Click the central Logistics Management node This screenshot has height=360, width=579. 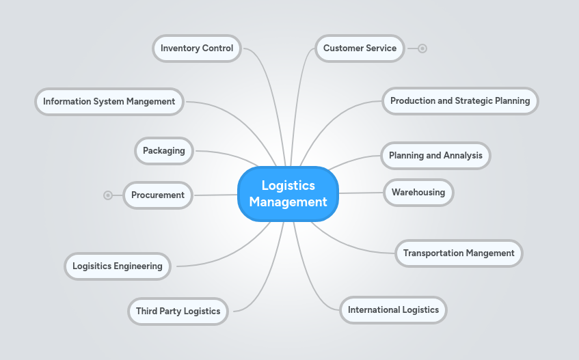[x=288, y=194]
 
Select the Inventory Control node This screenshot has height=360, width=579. [x=197, y=49]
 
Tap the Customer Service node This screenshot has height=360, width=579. [x=360, y=49]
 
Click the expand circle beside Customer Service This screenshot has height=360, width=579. [x=422, y=49]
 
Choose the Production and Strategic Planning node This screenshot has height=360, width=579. [x=460, y=101]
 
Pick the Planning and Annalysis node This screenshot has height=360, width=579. [x=435, y=156]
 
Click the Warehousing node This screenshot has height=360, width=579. [x=418, y=193]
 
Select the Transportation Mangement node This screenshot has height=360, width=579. [x=459, y=253]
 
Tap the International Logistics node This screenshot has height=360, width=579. [x=393, y=310]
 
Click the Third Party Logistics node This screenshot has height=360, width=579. [x=178, y=311]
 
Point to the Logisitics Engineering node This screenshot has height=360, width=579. [x=118, y=266]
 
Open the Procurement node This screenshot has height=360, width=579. [x=158, y=195]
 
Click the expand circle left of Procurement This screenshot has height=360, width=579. [x=108, y=195]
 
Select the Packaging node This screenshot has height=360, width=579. [x=164, y=151]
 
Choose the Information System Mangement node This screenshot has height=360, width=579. [x=109, y=102]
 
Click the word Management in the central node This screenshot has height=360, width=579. [x=288, y=202]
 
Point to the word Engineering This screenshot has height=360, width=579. [x=138, y=266]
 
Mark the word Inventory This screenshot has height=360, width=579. [x=180, y=49]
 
